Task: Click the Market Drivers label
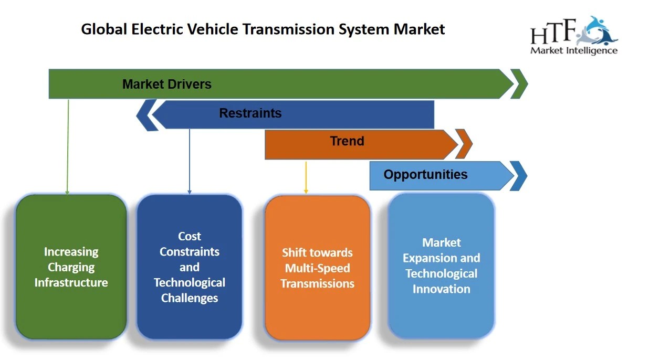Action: click(166, 84)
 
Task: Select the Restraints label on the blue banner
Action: click(250, 113)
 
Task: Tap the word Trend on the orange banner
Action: click(347, 141)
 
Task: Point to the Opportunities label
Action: click(425, 174)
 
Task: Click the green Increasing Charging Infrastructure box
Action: click(71, 267)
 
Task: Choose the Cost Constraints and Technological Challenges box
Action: click(189, 267)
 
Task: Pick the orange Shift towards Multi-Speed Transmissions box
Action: click(317, 268)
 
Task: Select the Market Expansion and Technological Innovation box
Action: click(441, 266)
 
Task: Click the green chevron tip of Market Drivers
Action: click(520, 84)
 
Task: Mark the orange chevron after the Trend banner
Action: click(464, 144)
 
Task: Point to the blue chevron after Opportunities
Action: click(519, 176)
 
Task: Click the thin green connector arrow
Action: click(68, 147)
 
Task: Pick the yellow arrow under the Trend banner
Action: click(306, 177)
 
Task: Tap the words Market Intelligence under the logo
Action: click(573, 51)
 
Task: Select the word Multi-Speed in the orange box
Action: click(317, 268)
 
